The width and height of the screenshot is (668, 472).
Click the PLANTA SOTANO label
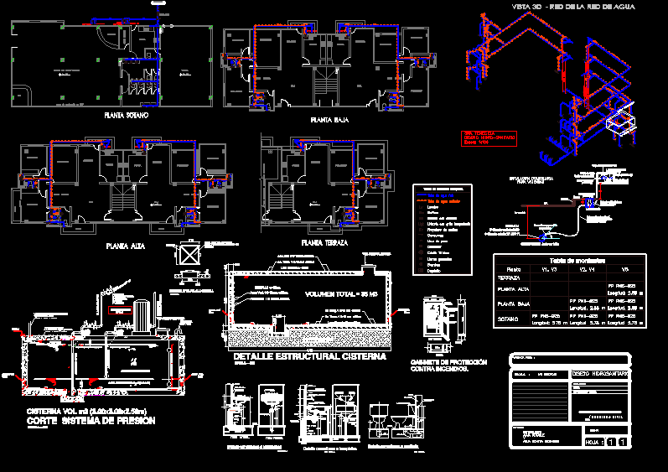tap(125, 115)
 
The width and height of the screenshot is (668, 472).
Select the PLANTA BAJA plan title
tap(330, 120)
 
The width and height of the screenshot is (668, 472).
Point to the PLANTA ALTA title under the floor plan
tap(128, 246)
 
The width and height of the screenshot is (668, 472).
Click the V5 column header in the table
tap(624, 269)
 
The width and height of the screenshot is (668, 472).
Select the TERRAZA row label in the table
tap(509, 278)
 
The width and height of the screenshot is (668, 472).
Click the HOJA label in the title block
tap(593, 441)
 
